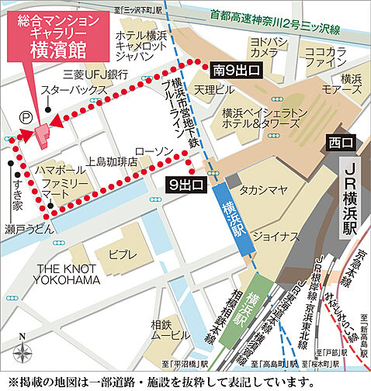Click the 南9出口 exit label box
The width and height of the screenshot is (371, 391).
click(237, 71)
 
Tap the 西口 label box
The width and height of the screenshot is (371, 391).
click(340, 143)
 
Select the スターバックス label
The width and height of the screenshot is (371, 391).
click(75, 91)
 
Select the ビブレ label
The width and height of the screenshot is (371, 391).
click(123, 254)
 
